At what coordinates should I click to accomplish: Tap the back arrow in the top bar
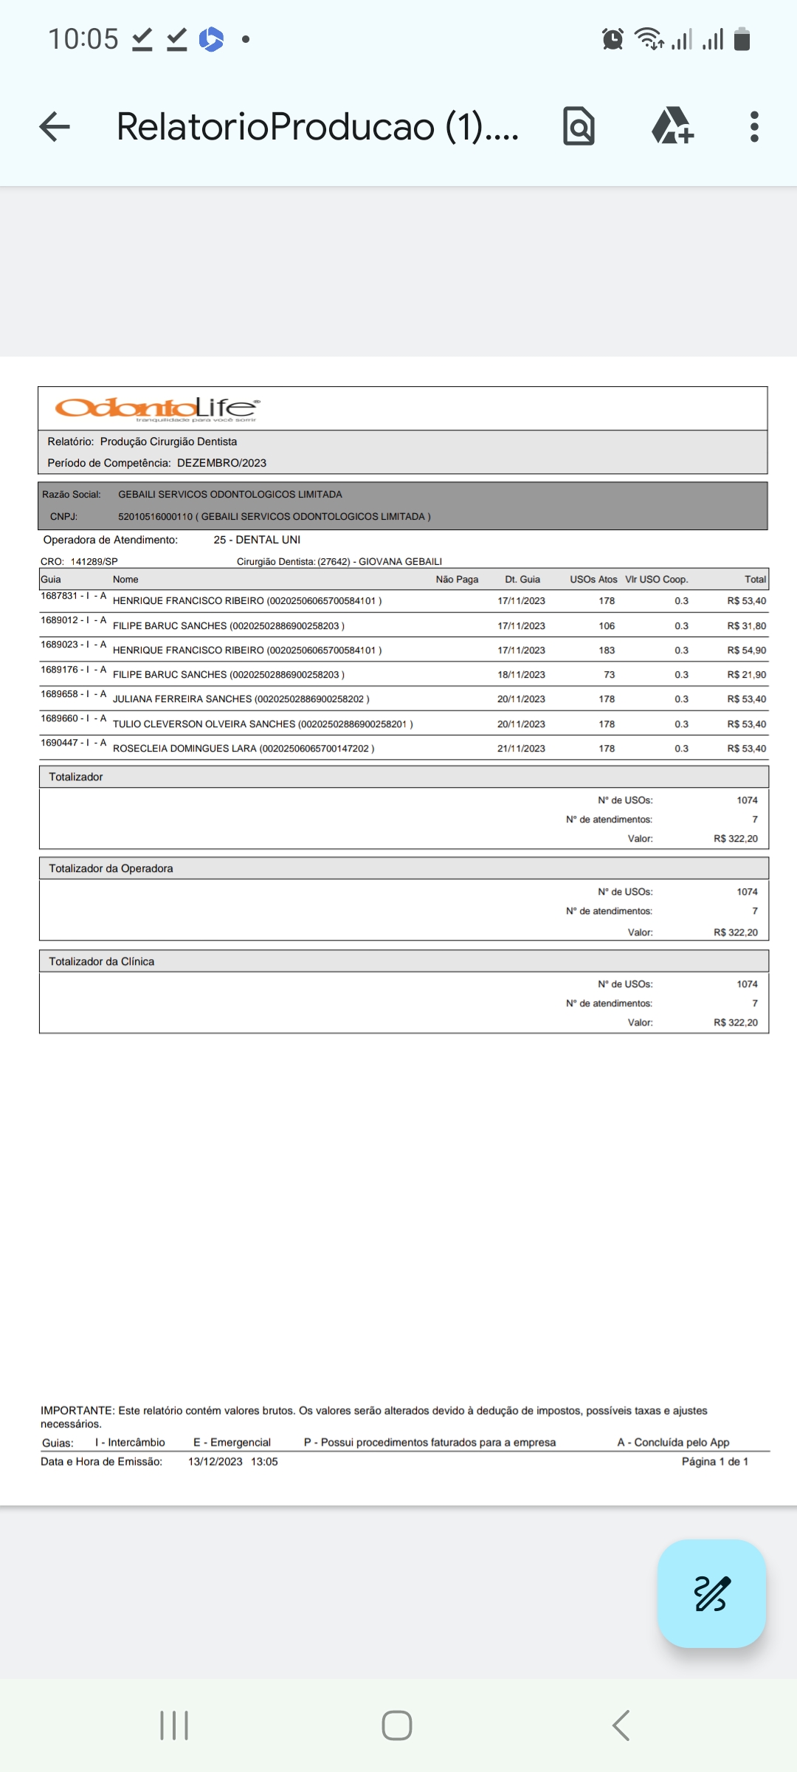[x=55, y=126]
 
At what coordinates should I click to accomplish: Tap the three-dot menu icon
[x=753, y=126]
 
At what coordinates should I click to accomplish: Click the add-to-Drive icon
[x=672, y=126]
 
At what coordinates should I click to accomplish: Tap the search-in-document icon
[x=579, y=126]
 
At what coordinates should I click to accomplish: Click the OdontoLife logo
[x=156, y=408]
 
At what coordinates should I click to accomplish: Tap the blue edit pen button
[x=711, y=1593]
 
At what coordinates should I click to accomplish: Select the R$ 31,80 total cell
[x=746, y=626]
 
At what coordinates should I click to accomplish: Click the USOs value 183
[x=607, y=650]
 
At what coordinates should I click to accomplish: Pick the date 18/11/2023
[x=521, y=675]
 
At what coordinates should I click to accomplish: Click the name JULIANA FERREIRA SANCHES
[x=182, y=699]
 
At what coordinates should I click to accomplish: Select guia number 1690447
[x=59, y=743]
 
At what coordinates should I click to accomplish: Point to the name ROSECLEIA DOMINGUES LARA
[x=184, y=749]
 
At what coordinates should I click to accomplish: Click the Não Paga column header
[x=457, y=580]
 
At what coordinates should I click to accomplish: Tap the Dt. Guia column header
[x=522, y=580]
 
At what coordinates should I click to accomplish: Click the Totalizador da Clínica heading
[x=102, y=961]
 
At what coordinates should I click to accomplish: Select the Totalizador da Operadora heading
[x=111, y=868]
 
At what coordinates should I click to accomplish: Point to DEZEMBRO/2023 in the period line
[x=221, y=463]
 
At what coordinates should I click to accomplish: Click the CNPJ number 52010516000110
[x=155, y=517]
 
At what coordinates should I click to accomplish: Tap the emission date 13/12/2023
[x=215, y=1462]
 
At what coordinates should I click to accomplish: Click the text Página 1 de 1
[x=714, y=1462]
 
